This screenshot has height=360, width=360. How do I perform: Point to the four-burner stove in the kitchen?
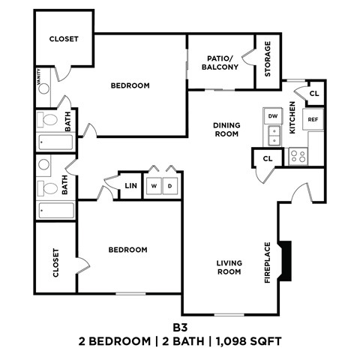298,156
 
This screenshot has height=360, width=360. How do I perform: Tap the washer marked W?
154,185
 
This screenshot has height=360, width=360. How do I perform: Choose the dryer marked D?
170,185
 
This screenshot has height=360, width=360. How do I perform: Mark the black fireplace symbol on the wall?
286,261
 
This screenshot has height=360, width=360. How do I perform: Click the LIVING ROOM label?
228,267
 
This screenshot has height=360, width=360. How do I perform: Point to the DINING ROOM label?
225,130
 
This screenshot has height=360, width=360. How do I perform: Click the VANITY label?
38,76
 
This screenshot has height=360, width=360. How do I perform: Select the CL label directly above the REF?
315,94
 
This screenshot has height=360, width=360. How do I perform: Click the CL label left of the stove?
267,158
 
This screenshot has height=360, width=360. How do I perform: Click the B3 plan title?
180,327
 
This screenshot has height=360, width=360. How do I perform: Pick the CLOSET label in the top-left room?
64,38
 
